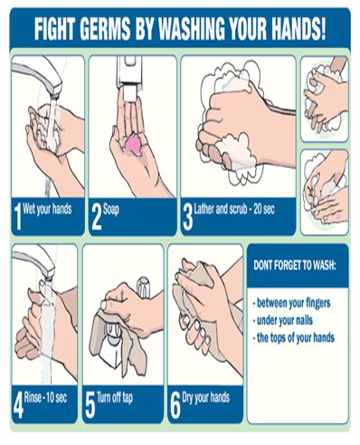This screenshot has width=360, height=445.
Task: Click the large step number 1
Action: coord(18,216)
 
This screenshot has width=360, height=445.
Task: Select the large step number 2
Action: coord(97,216)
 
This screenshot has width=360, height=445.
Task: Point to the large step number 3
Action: coord(187,217)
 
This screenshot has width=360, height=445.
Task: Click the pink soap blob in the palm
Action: coord(134,145)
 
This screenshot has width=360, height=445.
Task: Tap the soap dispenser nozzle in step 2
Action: coord(129,92)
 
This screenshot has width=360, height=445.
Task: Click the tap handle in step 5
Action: coord(144,287)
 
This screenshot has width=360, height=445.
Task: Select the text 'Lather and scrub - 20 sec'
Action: coord(234,209)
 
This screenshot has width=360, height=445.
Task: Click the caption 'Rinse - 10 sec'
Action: coord(45,398)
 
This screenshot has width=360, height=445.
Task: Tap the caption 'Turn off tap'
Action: coord(115,398)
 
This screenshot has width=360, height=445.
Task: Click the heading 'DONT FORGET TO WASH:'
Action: coord(294,265)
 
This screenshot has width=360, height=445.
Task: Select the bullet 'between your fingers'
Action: coord(292,303)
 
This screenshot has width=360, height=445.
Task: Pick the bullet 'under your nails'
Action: coord(283,320)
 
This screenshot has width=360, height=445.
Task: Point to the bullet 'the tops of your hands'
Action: coord(294,337)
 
